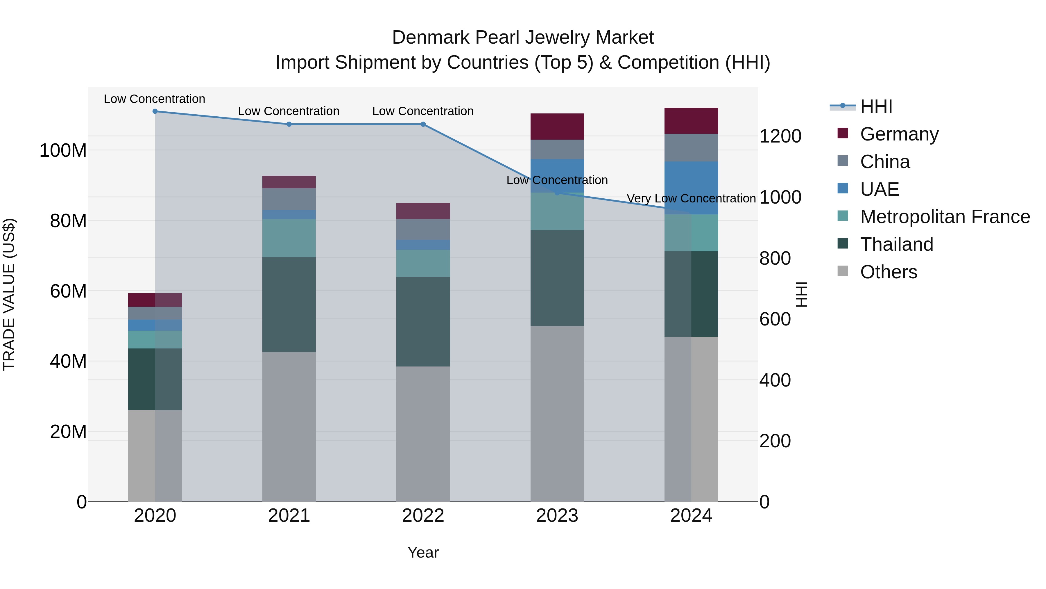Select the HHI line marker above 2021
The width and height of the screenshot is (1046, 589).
tap(289, 124)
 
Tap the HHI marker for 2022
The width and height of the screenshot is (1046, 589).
tap(423, 124)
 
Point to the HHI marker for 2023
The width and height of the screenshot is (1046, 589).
tap(557, 193)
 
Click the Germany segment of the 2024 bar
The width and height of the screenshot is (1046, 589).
tap(691, 121)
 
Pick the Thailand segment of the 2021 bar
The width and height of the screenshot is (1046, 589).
tap(289, 305)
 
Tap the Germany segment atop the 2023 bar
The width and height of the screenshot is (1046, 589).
tap(557, 127)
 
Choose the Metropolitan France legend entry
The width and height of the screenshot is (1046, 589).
tap(945, 217)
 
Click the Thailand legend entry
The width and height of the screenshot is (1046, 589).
tap(897, 244)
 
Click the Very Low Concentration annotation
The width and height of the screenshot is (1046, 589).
tap(691, 198)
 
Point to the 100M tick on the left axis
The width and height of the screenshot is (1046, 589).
tap(63, 150)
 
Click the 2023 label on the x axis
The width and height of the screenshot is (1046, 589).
tap(557, 516)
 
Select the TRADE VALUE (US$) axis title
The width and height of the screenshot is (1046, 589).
tap(9, 294)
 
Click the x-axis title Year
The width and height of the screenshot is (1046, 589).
tap(423, 552)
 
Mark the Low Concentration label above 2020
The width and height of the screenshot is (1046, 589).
tap(154, 99)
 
